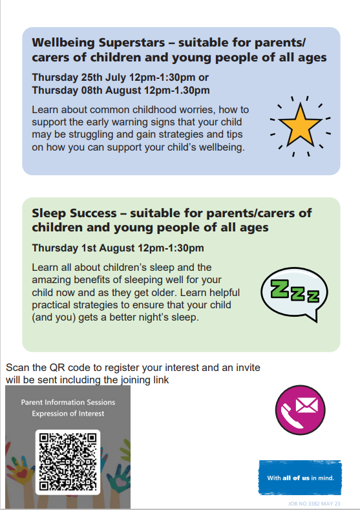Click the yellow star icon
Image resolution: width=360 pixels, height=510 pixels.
click(300, 125)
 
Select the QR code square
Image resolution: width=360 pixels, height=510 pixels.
click(68, 462)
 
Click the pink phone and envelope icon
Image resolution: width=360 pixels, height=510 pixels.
click(300, 410)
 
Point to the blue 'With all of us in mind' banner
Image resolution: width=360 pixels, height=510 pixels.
click(300, 478)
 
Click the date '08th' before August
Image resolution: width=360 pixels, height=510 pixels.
click(92, 90)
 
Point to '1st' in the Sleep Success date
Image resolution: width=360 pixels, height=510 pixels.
click(89, 248)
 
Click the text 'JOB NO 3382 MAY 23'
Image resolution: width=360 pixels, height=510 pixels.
click(314, 504)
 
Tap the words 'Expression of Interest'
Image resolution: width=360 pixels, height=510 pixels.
click(68, 414)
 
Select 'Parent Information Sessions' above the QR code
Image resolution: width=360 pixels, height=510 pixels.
click(68, 402)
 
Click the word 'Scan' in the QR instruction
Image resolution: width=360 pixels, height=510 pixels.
click(17, 368)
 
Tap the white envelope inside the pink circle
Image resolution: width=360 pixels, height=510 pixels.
click(307, 405)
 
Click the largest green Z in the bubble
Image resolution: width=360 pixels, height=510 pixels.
click(280, 288)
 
